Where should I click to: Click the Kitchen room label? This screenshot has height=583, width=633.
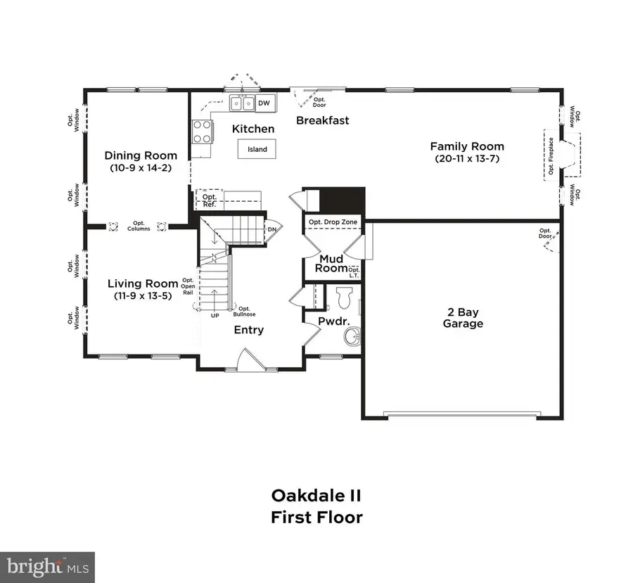click(x=253, y=129)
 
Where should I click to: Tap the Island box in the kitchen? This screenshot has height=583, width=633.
click(x=256, y=150)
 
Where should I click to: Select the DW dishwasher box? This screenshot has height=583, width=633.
click(x=264, y=103)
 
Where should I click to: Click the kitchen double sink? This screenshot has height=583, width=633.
click(x=242, y=103)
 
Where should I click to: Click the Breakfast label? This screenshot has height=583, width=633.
click(x=322, y=120)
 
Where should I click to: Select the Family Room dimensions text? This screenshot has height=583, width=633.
click(x=467, y=159)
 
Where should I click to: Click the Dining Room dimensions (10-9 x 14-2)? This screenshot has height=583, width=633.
click(x=141, y=168)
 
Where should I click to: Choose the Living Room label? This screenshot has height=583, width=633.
click(x=143, y=283)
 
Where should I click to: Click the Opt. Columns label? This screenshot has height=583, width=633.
click(x=139, y=226)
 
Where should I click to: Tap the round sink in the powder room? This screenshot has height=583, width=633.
click(x=352, y=337)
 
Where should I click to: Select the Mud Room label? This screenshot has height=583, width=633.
click(x=331, y=263)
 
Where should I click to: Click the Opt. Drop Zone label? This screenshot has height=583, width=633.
click(x=333, y=222)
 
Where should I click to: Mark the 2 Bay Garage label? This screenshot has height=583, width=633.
click(x=463, y=319)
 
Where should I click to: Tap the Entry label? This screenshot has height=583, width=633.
click(x=248, y=330)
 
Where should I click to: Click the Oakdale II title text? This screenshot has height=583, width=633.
click(x=316, y=495)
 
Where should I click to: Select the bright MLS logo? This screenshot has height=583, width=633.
click(x=47, y=567)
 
